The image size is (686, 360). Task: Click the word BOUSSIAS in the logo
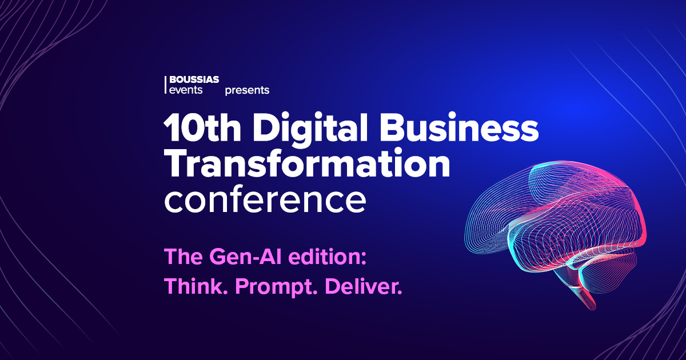(x=194, y=79)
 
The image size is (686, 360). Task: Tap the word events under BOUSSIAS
(x=186, y=90)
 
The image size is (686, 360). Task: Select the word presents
(x=247, y=91)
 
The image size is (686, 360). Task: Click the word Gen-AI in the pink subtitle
(x=245, y=257)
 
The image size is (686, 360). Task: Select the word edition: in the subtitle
(x=327, y=257)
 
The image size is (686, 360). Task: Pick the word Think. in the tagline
(x=196, y=286)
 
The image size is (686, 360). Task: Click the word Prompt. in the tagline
(x=276, y=287)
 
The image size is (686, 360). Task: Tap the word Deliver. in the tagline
(x=363, y=286)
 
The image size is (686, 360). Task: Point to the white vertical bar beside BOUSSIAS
(x=165, y=85)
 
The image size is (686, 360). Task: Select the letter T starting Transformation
(x=178, y=163)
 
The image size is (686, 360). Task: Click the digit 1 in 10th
(x=172, y=127)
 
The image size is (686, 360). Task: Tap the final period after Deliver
(x=400, y=292)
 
